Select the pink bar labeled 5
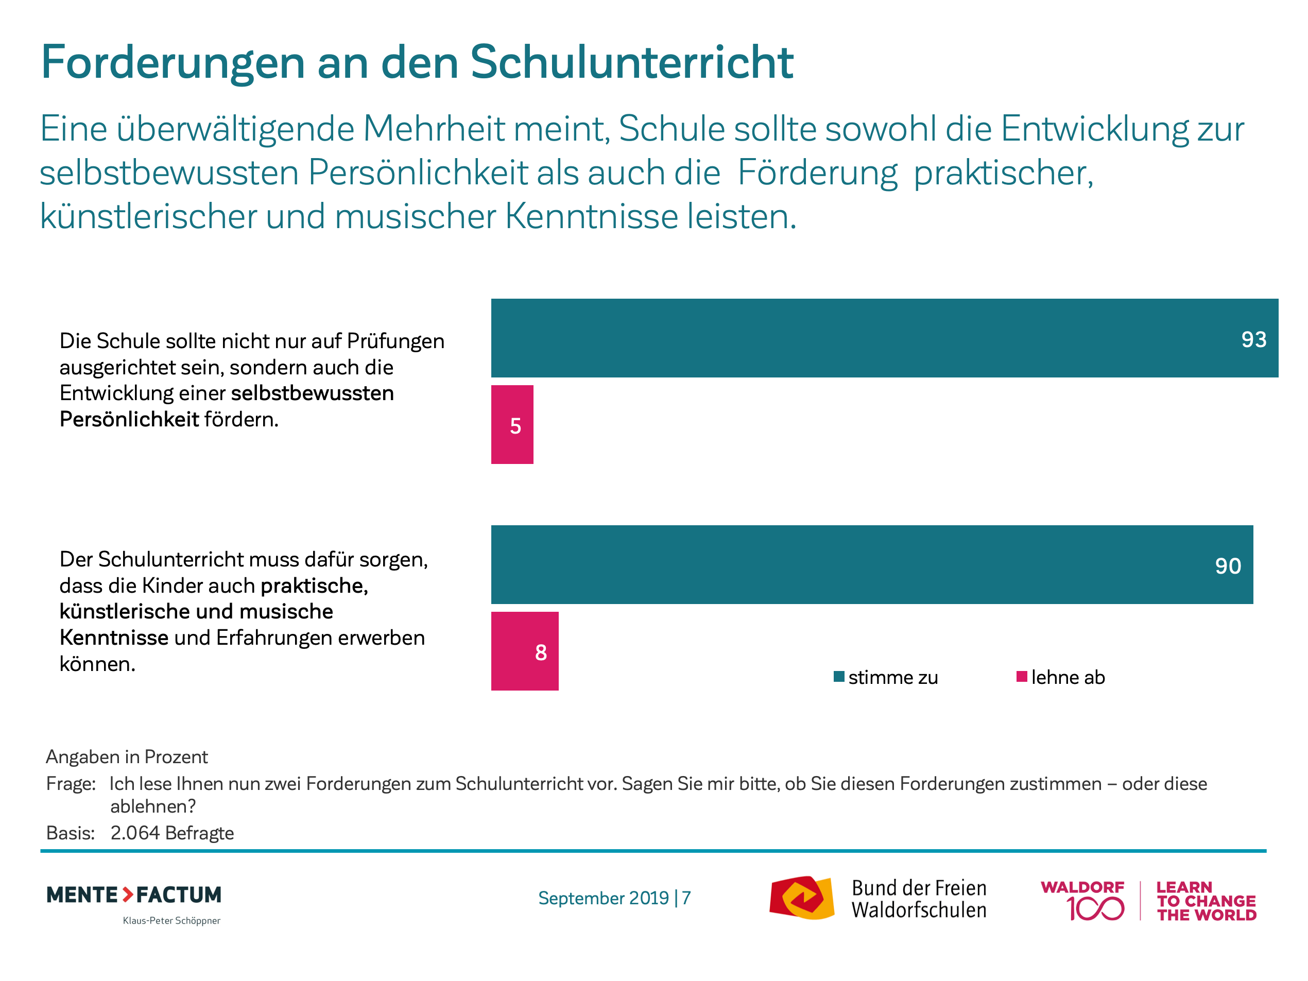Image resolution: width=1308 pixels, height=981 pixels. point(512,424)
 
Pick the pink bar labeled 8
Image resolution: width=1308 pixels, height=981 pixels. point(525,651)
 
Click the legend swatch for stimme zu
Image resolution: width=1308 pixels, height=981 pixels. point(838,677)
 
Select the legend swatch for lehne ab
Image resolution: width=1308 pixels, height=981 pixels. point(1021,677)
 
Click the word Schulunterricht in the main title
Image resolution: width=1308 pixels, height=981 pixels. point(631,62)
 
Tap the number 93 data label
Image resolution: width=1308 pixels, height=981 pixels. point(1253,339)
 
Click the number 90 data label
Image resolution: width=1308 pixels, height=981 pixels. point(1228,566)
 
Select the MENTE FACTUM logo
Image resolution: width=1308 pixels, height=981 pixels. point(134,894)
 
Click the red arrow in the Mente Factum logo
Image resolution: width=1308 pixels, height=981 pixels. point(128,894)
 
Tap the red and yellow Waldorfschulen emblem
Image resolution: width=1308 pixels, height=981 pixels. point(801,898)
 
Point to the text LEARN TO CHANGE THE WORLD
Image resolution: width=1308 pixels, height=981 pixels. point(1206,901)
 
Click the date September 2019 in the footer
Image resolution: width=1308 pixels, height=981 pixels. point(603,898)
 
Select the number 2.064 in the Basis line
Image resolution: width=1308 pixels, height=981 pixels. point(135,833)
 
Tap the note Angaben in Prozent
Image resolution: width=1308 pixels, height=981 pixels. point(127,757)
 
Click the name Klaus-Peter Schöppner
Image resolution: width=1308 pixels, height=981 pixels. point(171,921)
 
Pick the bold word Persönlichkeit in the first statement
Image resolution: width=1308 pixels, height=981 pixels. point(129,419)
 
